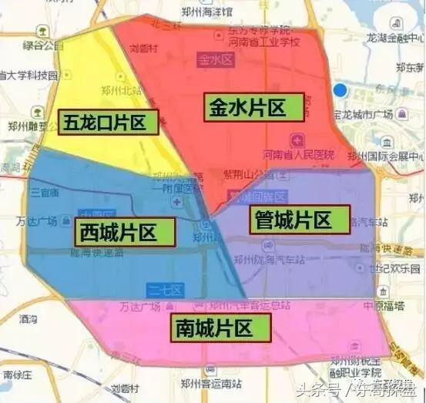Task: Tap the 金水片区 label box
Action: click(x=255, y=106)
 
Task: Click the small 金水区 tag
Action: click(x=213, y=59)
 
